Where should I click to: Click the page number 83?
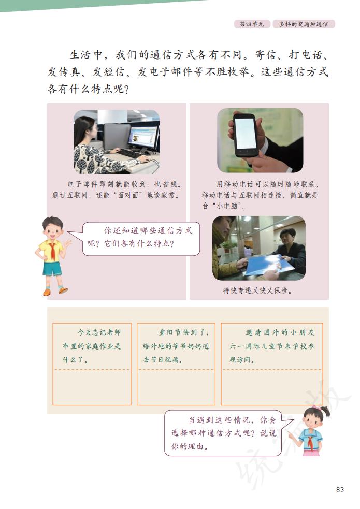340,490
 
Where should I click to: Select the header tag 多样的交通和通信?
303,24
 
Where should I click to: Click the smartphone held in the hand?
245,135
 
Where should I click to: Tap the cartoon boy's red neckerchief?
53,252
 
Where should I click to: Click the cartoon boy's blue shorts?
51,268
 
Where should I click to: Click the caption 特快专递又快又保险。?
258,290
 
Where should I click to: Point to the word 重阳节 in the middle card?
169,332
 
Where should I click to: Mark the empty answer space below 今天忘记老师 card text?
92,387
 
